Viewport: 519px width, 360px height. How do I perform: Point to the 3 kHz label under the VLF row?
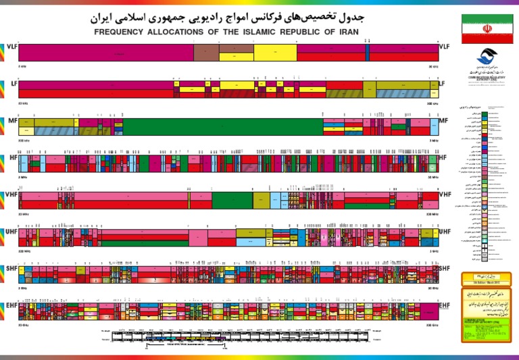pyautogui.click(x=22, y=67)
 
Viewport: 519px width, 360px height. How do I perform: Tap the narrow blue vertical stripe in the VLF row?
pyautogui.click(x=367, y=53)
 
